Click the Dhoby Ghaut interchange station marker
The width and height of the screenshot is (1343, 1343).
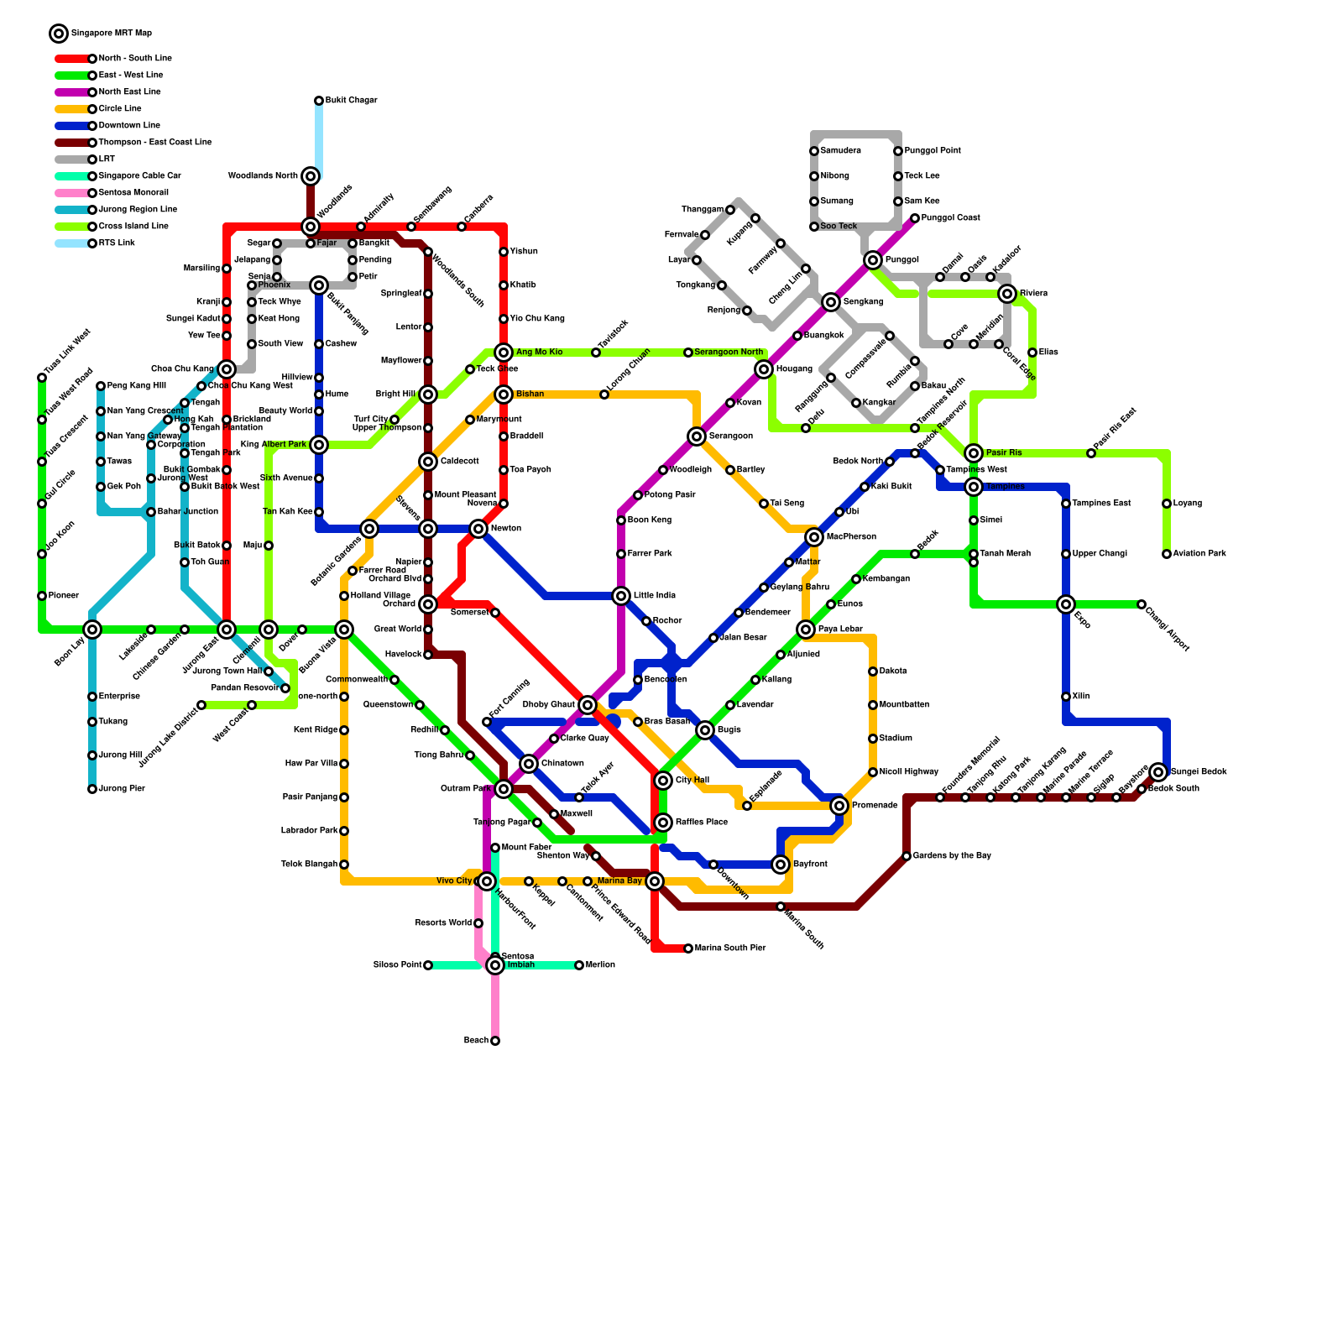[x=588, y=705]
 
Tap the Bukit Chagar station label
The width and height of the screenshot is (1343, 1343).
[x=351, y=101]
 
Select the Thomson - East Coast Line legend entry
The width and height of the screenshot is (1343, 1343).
[x=154, y=143]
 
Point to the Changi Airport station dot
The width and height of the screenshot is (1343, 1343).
[x=1142, y=604]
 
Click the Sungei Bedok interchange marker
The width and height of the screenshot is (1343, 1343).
[x=1159, y=772]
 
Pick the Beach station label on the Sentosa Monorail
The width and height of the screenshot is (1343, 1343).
[x=476, y=1041]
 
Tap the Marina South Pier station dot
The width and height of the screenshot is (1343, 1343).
[x=688, y=948]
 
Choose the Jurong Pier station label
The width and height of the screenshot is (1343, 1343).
[x=122, y=789]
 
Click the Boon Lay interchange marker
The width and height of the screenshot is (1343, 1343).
[x=92, y=630]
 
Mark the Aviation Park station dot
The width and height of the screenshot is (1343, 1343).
[x=1167, y=554]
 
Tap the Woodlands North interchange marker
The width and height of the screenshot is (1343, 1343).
[x=311, y=176]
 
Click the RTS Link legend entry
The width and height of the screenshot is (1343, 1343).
[x=117, y=243]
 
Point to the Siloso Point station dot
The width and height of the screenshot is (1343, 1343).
[x=428, y=965]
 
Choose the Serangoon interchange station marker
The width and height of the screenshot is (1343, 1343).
[x=697, y=436]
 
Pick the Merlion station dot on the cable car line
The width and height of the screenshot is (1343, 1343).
[x=579, y=965]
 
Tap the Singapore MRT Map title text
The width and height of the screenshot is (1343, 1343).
[x=112, y=34]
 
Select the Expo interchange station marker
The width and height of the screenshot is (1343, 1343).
[x=1066, y=604]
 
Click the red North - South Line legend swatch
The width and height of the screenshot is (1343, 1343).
[x=72, y=59]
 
